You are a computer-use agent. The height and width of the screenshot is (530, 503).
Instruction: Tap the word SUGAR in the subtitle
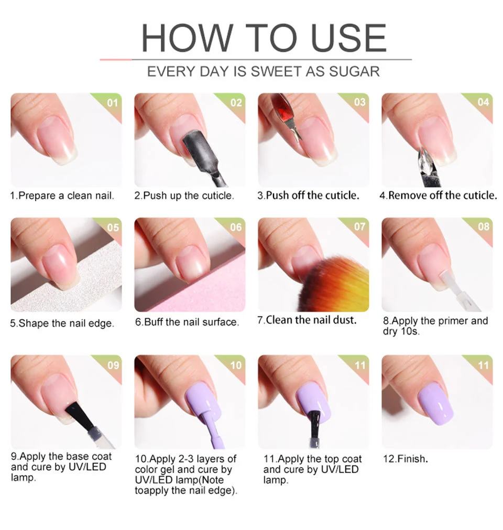pyautogui.click(x=354, y=71)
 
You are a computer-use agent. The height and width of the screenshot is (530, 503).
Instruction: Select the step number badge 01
pyautogui.click(x=112, y=103)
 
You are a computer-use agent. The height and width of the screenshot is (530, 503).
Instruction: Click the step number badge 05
pyautogui.click(x=112, y=228)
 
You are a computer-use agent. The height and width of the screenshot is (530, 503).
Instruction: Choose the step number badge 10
pyautogui.click(x=236, y=365)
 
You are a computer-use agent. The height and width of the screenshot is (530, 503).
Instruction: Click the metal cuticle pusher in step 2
pyautogui.click(x=202, y=152)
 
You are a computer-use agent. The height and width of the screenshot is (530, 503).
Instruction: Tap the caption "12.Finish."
pyautogui.click(x=406, y=459)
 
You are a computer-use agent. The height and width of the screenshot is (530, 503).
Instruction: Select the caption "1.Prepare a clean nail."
pyautogui.click(x=62, y=196)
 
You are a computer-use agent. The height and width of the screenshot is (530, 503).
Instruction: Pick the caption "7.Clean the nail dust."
pyautogui.click(x=307, y=320)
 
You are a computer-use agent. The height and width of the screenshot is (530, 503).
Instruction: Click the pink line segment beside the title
pyautogui.click(x=115, y=60)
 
